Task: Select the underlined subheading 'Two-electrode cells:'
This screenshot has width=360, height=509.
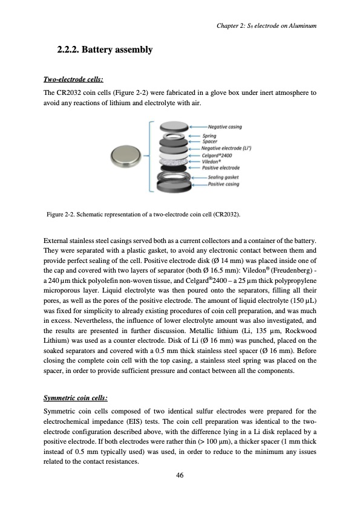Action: [73, 79]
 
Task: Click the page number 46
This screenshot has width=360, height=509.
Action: [180, 475]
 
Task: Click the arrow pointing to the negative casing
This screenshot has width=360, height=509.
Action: [197, 127]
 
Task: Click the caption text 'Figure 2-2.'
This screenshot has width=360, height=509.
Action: [62, 215]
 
